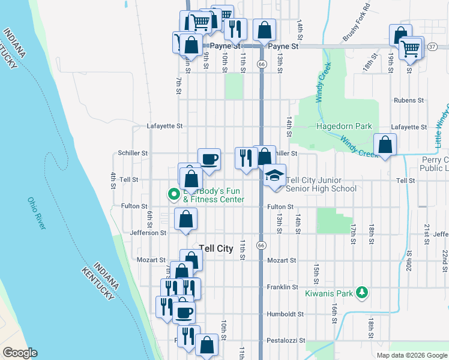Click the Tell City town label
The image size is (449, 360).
pyautogui.click(x=215, y=248)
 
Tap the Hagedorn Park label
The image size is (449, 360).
pyautogui.click(x=344, y=127)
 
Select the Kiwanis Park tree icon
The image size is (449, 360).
pyautogui.click(x=361, y=292)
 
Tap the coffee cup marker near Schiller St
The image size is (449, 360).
pyautogui.click(x=209, y=160)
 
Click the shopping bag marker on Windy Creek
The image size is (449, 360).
pyautogui.click(x=385, y=145)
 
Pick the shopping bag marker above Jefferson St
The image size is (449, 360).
pyautogui.click(x=185, y=218)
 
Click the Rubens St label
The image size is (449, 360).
pyautogui.click(x=405, y=100)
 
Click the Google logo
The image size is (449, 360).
pyautogui.click(x=20, y=353)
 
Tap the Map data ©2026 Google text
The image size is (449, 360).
pyautogui.click(x=411, y=355)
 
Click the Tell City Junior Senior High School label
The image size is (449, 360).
pyautogui.click(x=321, y=184)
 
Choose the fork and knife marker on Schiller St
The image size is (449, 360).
pyautogui.click(x=246, y=158)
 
